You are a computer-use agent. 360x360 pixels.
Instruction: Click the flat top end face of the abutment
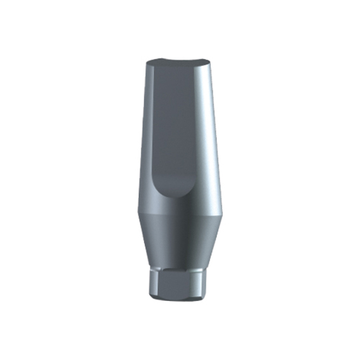click(179, 63)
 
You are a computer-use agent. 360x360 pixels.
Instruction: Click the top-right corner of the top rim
click(213, 62)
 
